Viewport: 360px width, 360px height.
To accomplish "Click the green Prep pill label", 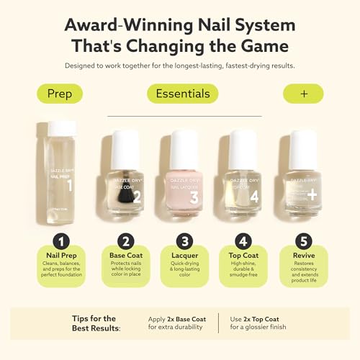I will pyautogui.click(x=60, y=94).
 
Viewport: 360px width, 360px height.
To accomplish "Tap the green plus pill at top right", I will pyautogui.click(x=302, y=94).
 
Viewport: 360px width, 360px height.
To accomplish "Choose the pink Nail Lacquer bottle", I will pyautogui.click(x=184, y=176).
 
